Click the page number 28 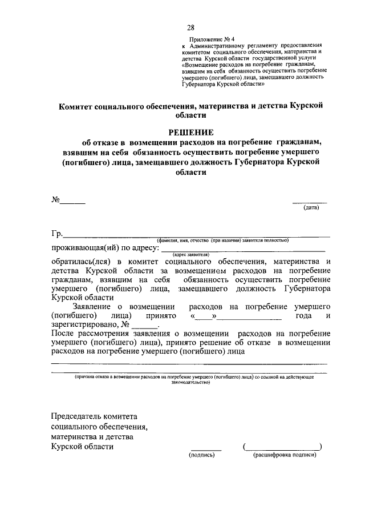tap(190, 27)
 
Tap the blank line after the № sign tap(73, 202)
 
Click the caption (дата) tap(311, 207)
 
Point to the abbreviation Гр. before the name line tap(56, 233)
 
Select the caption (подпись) tap(201, 455)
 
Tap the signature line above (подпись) tap(206, 450)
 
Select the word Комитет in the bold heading tap(80, 105)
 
